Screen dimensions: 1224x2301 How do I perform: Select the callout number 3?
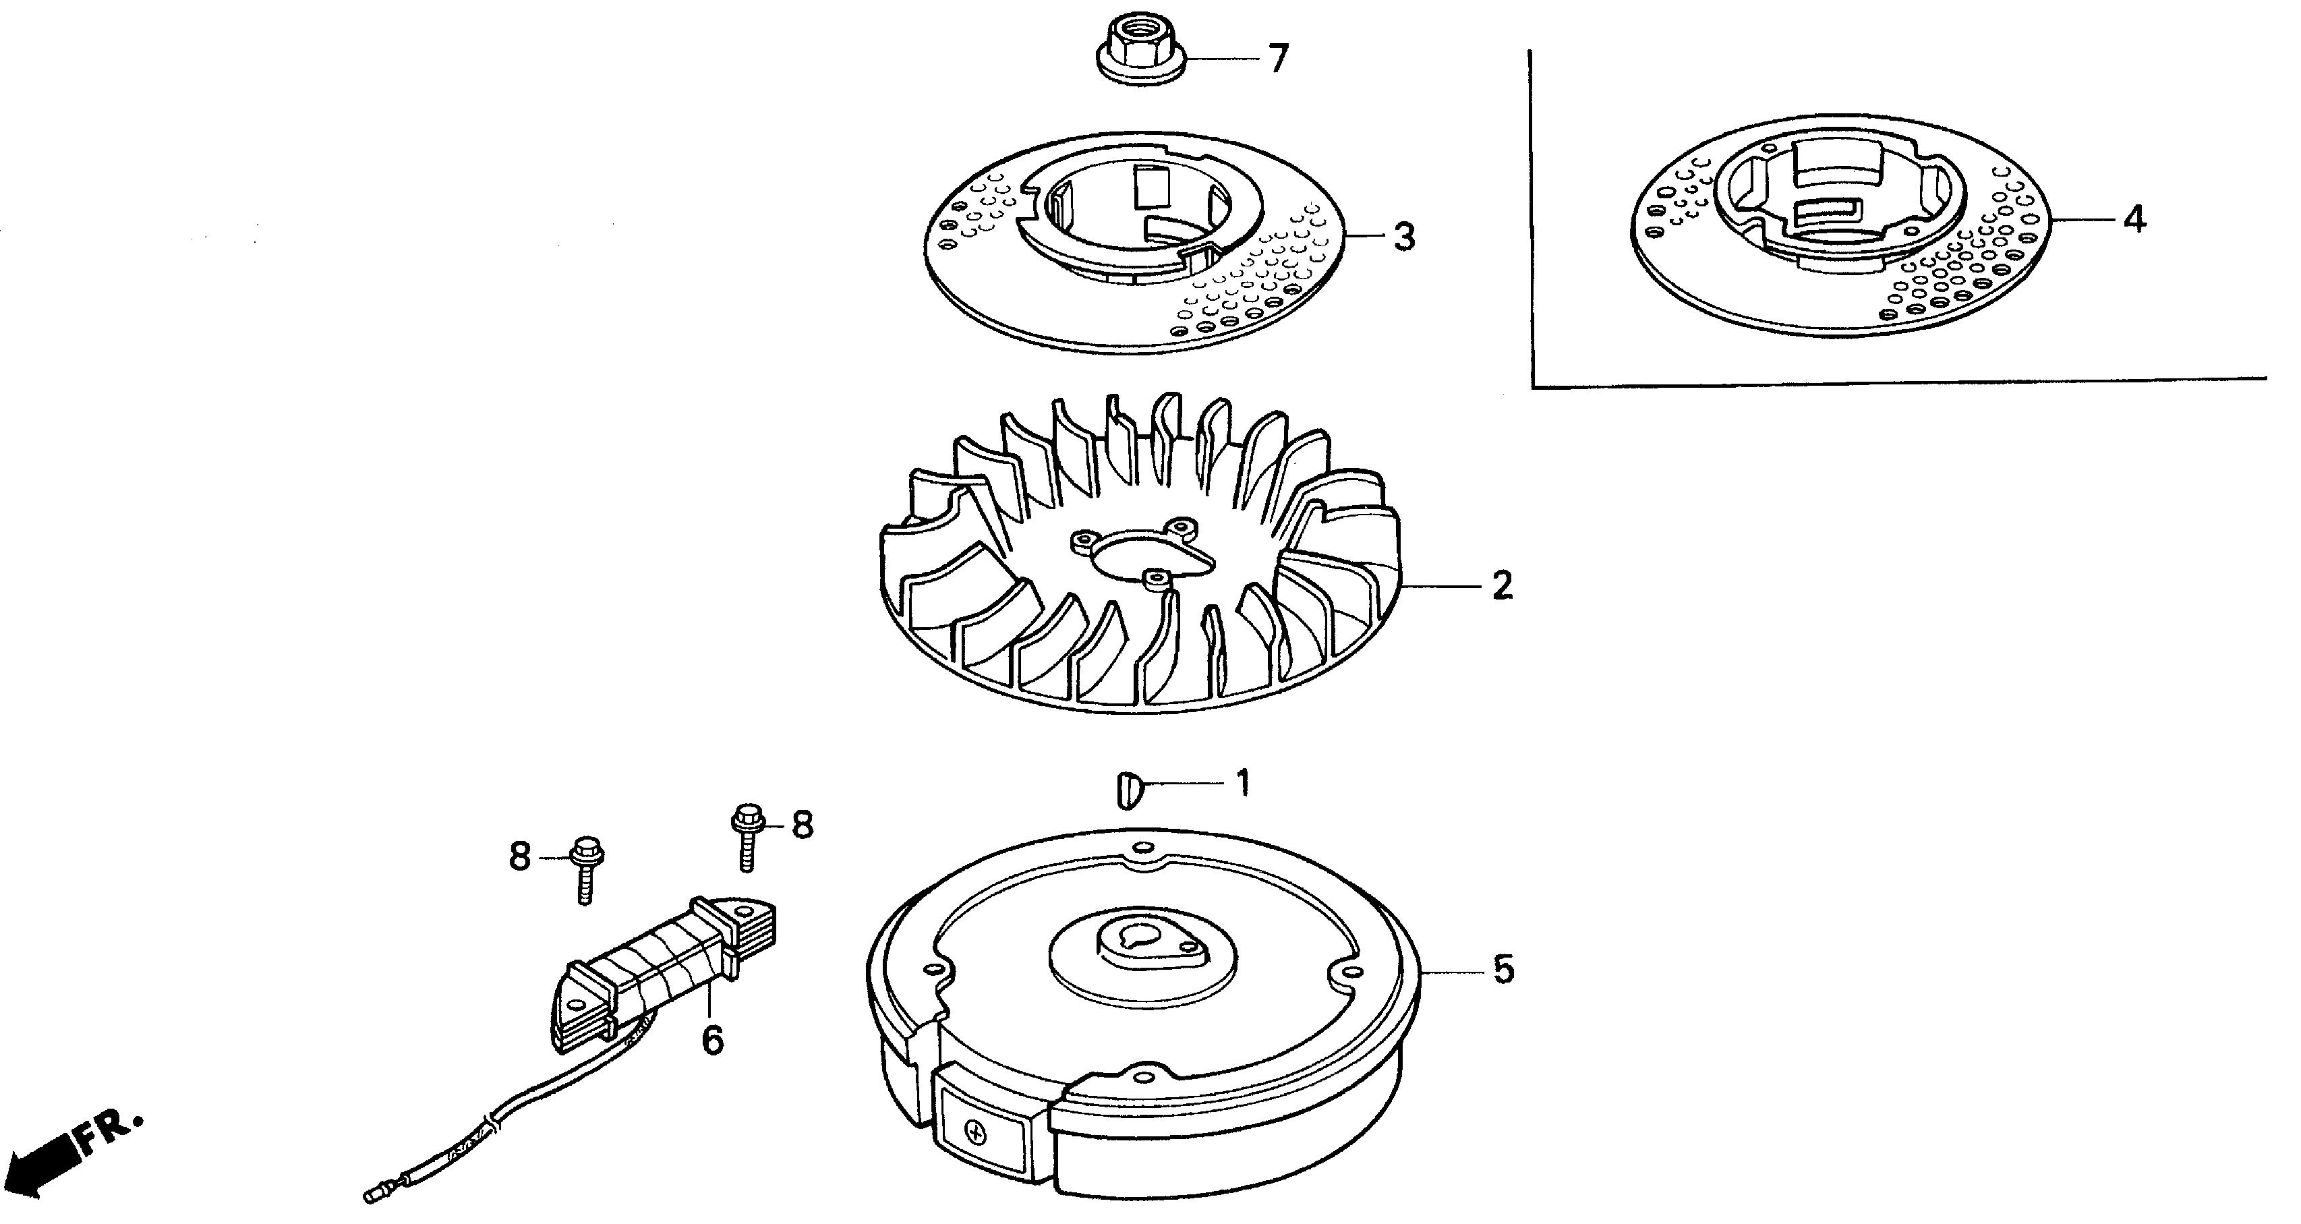point(1405,237)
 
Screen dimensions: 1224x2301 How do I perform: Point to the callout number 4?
point(2135,220)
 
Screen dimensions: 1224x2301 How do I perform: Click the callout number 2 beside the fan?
point(1503,586)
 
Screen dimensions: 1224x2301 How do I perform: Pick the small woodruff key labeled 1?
point(1128,790)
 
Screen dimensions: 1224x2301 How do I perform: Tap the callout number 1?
point(1242,784)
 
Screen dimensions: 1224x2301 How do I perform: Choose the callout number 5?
point(1505,969)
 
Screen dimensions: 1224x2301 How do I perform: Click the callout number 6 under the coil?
point(712,1040)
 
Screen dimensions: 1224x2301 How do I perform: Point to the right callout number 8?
point(802,825)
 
